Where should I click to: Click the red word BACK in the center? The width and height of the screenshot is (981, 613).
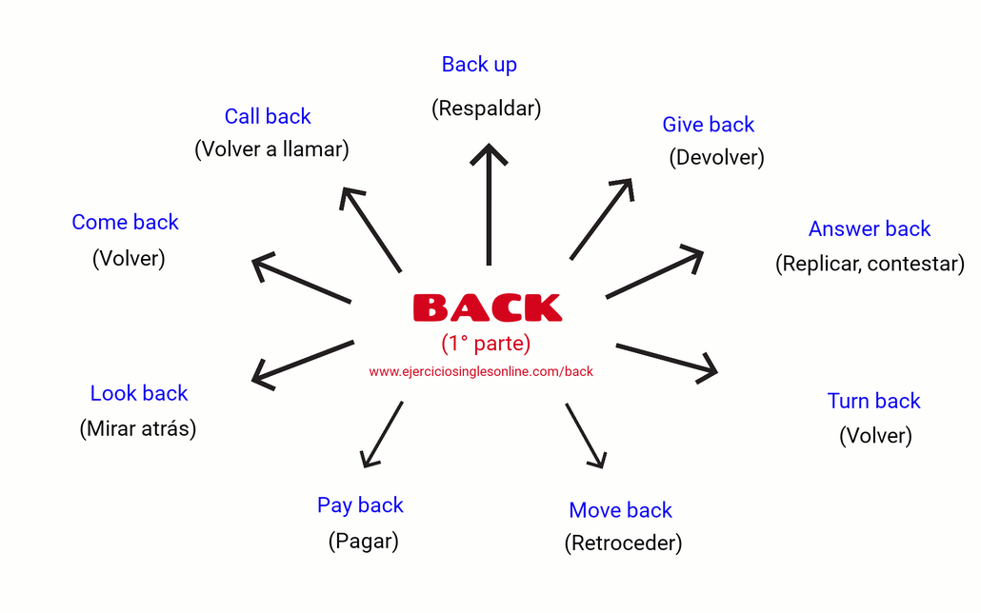point(487,307)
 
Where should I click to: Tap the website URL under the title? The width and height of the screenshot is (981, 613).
point(481,371)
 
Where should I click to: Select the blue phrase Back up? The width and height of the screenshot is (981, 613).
point(479,65)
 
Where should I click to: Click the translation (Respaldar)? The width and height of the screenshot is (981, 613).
point(486,109)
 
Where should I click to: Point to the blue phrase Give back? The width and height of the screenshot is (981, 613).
point(708,125)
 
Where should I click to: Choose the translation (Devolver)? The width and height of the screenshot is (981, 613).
point(716,157)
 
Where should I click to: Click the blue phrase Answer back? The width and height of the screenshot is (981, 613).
point(869,228)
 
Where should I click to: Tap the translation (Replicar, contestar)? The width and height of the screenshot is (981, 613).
point(870,264)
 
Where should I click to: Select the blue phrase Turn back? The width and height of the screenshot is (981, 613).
point(873,401)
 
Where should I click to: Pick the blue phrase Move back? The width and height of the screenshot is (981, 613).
point(620,510)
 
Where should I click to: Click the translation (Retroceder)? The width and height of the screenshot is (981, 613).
point(623,544)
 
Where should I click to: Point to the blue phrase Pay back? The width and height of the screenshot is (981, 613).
point(360,505)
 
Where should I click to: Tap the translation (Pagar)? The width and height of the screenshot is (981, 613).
point(363,542)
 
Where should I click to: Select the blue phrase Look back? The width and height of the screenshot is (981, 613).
point(139,393)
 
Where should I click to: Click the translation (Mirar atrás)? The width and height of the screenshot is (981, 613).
point(138,428)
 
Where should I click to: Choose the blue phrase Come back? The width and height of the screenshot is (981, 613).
point(125,223)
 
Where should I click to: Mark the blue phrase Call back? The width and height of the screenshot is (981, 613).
point(268,116)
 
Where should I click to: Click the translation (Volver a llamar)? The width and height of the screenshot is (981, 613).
point(271,149)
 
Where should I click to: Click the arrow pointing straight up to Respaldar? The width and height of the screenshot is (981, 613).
point(489,204)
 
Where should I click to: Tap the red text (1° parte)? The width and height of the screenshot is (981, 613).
point(486,343)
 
